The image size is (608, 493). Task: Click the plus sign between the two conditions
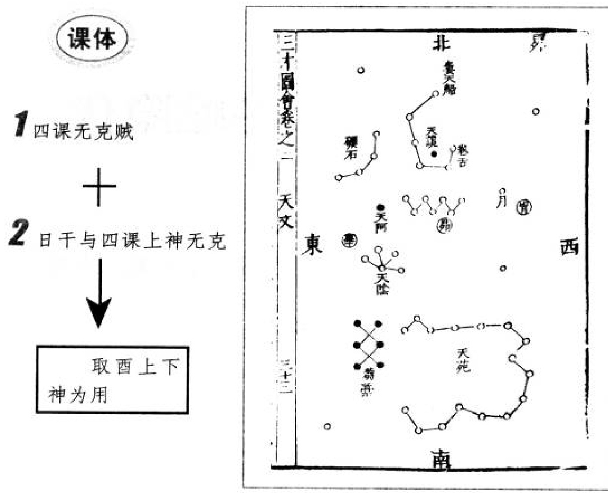pos(99,187)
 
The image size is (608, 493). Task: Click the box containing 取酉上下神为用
pos(112,380)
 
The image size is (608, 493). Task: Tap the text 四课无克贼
pos(84,133)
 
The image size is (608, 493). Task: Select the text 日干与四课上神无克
pos(133,242)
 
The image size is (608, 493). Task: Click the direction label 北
pos(441,43)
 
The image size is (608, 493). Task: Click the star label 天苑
pos(463,360)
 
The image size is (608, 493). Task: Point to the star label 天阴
pos(382,282)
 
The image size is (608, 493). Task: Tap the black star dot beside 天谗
pos(434,154)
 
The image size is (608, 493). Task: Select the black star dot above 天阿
pos(381,208)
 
